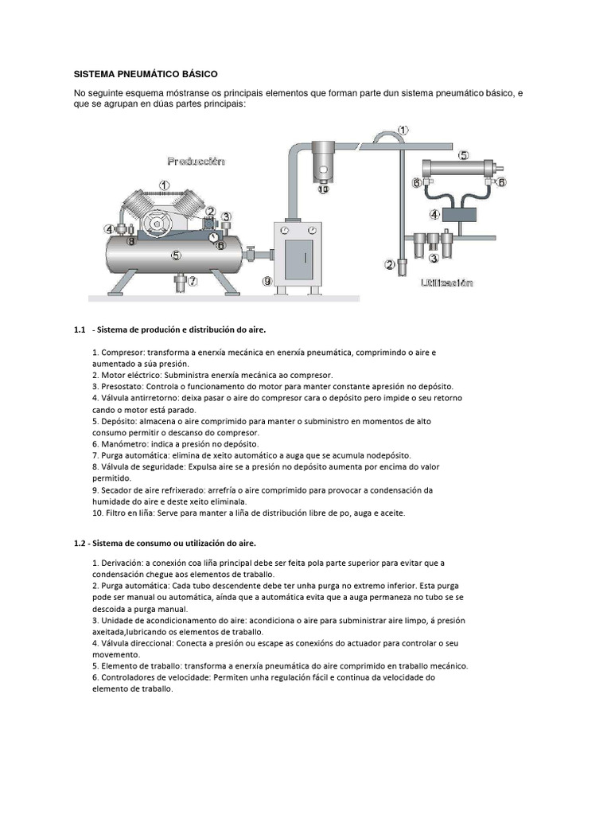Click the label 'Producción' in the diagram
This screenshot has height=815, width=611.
[x=196, y=161]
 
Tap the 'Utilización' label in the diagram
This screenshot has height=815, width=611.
[x=446, y=283]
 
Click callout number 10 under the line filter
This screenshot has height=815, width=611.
[x=323, y=189]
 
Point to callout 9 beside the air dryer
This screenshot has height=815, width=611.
[x=267, y=280]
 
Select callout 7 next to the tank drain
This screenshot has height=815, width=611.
[x=192, y=280]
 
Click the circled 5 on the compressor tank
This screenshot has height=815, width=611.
[x=175, y=255]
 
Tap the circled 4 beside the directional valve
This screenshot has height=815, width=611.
[x=434, y=213]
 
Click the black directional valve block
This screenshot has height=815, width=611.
[x=463, y=213]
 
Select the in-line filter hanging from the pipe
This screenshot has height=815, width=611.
[x=323, y=160]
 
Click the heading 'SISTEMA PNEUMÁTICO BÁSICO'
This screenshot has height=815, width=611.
[x=146, y=74]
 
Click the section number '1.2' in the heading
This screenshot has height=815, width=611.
[x=78, y=543]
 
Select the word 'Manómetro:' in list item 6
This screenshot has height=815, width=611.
[x=123, y=444]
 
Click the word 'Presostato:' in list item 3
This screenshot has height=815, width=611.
[x=123, y=386]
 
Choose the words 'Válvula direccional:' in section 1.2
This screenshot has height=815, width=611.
[x=141, y=643]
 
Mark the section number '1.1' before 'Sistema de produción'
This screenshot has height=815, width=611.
[x=79, y=329]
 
